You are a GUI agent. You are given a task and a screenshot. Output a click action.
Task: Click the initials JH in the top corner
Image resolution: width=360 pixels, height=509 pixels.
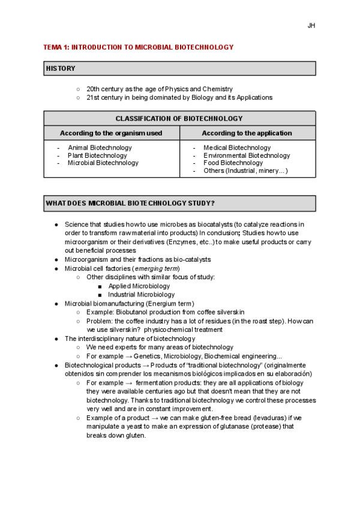pos(311,26)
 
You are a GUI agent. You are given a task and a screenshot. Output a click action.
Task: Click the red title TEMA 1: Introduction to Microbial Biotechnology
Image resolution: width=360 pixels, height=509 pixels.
pos(139,47)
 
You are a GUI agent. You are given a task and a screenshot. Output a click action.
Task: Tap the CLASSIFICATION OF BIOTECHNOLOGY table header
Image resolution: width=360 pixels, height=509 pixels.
pos(179,119)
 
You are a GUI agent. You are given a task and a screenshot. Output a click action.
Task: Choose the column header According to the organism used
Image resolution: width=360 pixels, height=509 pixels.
pos(111,133)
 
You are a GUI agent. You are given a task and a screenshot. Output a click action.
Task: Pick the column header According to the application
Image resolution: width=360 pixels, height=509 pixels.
pos(247,133)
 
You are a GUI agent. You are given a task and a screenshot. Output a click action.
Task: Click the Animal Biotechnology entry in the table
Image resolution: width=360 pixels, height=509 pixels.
pos(100,148)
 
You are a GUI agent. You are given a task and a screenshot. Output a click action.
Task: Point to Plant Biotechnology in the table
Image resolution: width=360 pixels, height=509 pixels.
pos(97,155)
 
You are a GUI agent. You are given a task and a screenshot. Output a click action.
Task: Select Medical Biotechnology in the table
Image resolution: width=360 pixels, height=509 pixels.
pos(237,148)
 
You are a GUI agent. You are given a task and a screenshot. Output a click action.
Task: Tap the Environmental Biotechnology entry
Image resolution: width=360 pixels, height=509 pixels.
pos(247,155)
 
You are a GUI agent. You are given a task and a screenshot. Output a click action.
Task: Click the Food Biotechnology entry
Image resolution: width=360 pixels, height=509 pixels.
pos(233,163)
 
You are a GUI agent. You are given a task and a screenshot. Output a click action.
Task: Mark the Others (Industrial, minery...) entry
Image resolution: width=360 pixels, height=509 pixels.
pos(245,171)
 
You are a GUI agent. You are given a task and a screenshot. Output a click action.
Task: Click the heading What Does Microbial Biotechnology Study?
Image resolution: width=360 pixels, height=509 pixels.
pos(130,203)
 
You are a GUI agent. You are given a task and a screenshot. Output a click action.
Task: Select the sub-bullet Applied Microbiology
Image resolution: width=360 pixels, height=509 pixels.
pos(139,286)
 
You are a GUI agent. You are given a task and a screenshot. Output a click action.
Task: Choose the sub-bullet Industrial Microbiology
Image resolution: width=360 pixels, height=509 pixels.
pos(141,295)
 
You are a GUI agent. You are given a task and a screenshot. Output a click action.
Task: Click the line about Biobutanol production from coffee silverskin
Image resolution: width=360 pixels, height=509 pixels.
pos(165,312)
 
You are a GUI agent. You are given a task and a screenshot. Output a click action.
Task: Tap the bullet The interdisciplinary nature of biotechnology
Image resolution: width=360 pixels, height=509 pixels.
pos(130,339)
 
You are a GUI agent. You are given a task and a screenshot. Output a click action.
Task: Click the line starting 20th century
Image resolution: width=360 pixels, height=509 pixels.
pos(159,89)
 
